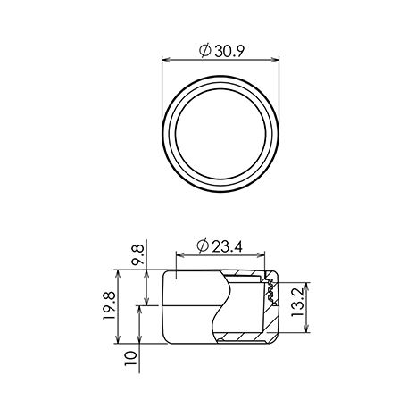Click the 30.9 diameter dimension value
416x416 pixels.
coord(229,51)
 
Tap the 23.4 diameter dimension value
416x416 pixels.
coord(228,246)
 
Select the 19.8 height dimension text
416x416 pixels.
coord(109,306)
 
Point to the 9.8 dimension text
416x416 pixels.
coord(138,254)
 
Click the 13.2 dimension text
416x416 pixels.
coord(297,303)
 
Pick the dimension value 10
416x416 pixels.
coord(130,358)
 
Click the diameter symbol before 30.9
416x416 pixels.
coord(205,51)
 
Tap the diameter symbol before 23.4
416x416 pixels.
coord(203,246)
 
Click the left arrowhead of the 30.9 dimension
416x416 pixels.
coord(166,60)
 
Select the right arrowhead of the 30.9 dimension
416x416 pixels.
coord(276,60)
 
